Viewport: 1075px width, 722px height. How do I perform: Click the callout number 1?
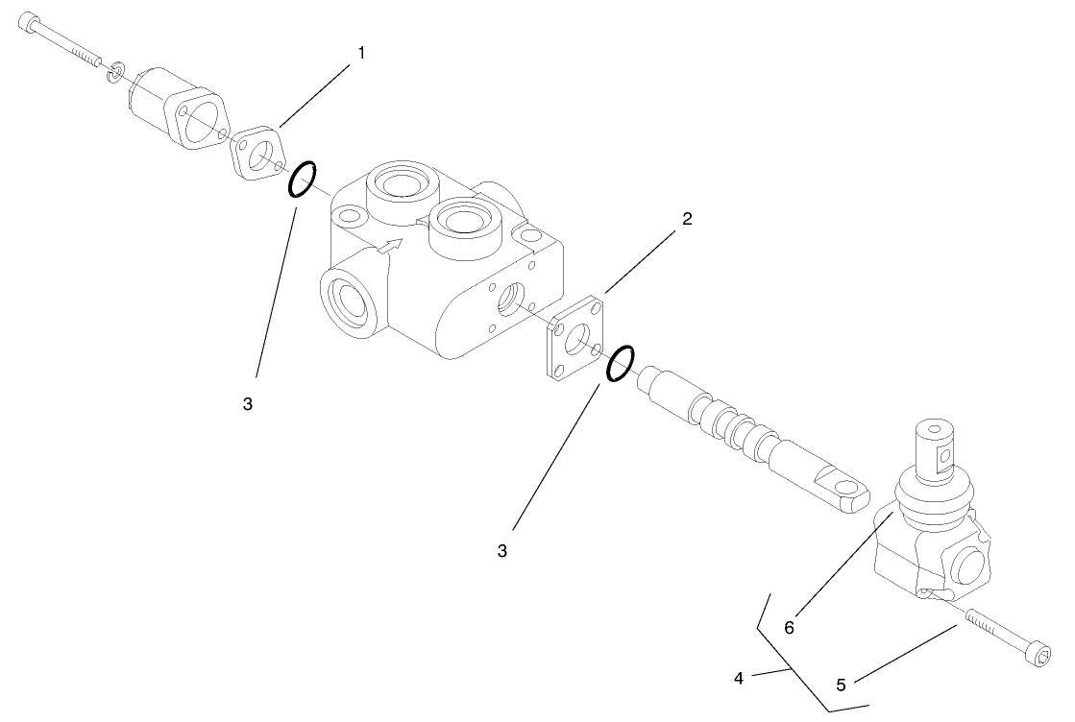(361, 54)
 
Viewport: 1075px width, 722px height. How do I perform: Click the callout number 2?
(687, 219)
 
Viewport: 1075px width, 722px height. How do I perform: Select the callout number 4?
(739, 678)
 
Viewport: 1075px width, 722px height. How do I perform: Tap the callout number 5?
(841, 686)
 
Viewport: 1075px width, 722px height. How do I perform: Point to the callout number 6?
(789, 628)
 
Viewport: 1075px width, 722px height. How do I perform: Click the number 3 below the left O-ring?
(248, 404)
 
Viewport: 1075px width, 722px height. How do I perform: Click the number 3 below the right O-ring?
(502, 551)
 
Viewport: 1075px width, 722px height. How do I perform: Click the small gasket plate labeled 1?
(257, 152)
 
